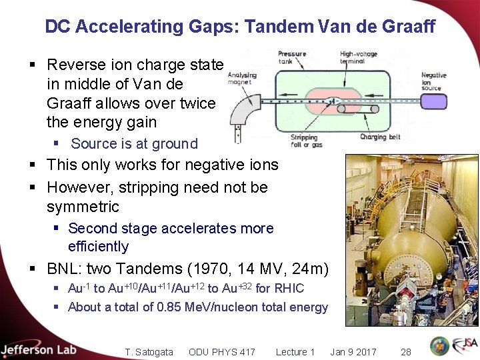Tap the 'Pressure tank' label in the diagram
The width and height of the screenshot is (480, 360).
292,57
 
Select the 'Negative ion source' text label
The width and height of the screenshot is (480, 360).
434,80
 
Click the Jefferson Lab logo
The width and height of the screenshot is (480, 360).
39,349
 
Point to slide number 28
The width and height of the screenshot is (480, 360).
405,352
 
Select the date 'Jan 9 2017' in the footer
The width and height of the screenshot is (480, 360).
353,352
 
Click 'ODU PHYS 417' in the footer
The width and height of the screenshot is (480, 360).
221,352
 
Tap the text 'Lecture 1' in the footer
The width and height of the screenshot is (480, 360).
295,352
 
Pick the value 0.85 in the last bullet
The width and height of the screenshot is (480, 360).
170,307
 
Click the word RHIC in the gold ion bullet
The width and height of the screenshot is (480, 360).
289,289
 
